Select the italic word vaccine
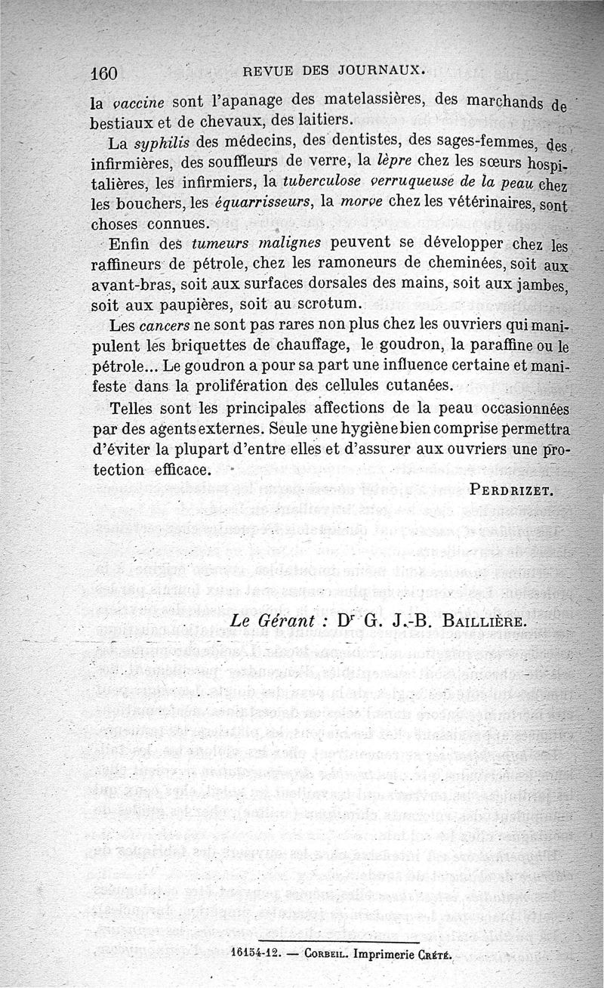[136, 103]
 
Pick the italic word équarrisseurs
[260, 202]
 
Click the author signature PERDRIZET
[512, 489]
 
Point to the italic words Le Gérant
[273, 621]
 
